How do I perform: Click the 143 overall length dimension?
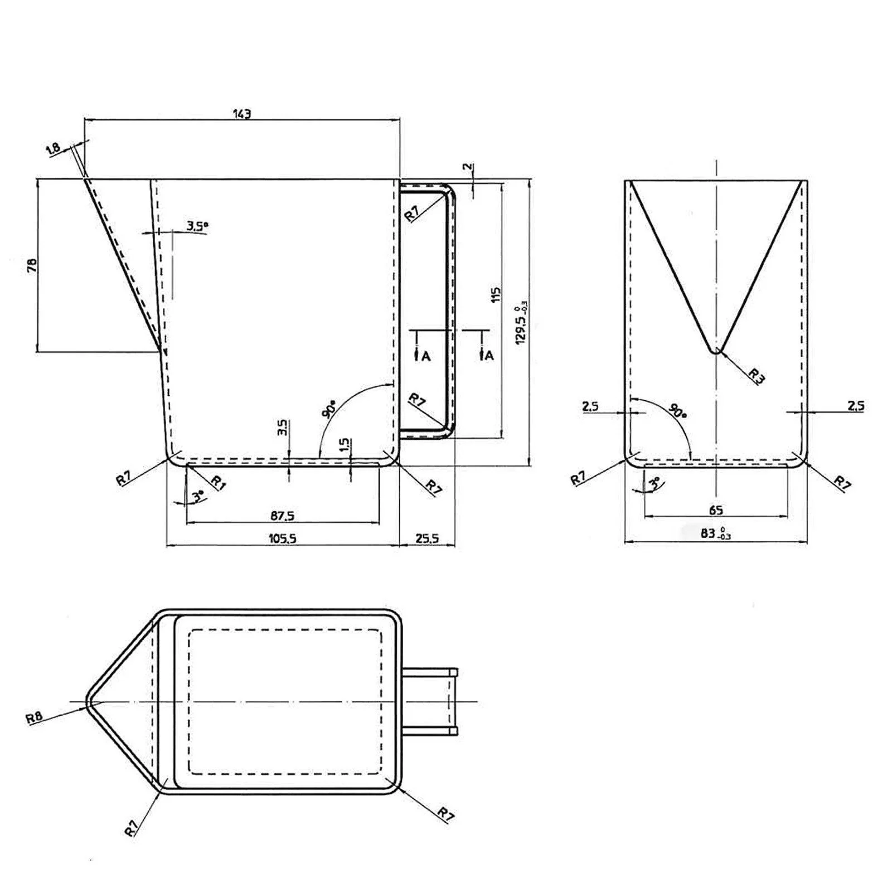[242, 114]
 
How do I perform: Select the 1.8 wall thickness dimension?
[54, 149]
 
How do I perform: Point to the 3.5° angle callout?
[197, 226]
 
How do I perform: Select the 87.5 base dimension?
[282, 516]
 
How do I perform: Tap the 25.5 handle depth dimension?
[427, 538]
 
